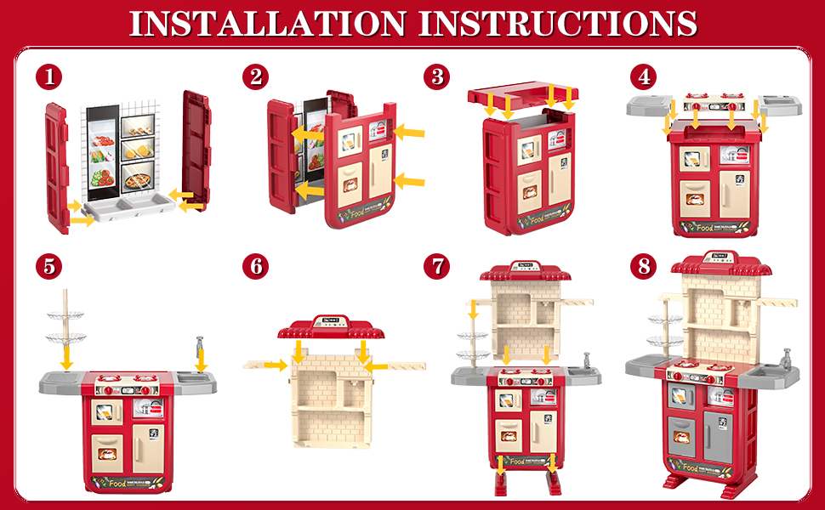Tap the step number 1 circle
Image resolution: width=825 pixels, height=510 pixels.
50,77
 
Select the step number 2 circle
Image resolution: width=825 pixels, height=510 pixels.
255,77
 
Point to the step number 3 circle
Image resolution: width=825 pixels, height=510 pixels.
437,77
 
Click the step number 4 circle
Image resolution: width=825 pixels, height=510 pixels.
644,77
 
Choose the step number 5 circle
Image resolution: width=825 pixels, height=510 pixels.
50,266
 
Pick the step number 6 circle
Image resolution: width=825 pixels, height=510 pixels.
255,266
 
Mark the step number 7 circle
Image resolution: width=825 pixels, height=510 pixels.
437,266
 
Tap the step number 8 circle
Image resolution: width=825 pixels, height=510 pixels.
644,266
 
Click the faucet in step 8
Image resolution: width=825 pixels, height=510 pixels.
787,357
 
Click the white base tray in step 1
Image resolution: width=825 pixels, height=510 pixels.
126,208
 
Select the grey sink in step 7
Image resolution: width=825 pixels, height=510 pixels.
577,373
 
